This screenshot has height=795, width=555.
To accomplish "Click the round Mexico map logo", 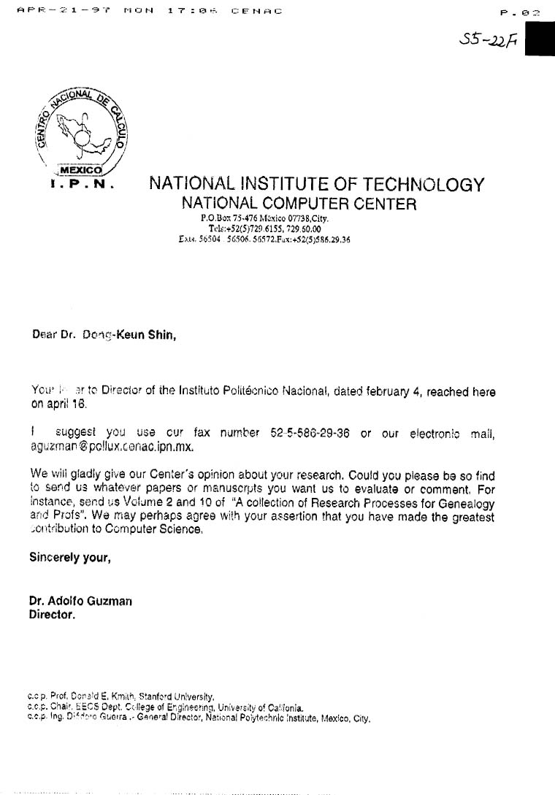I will click(80, 131).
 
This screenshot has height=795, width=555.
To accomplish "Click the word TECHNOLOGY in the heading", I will click(420, 184).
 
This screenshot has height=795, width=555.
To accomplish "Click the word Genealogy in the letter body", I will click(469, 504).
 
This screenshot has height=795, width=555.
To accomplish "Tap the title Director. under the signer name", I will click(52, 615).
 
